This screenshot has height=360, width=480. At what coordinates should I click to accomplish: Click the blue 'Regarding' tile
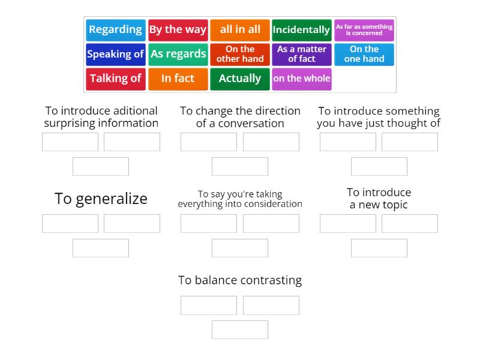pos(115,29)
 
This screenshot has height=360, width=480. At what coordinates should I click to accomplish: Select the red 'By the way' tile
pos(178,29)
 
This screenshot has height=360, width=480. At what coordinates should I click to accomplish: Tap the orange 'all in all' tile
pos(240,29)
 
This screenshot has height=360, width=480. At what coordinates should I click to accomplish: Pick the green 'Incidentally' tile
pos(302,29)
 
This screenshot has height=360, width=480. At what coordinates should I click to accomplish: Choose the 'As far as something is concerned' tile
pos(364,29)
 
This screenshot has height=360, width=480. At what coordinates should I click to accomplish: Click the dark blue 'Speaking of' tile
pos(115,54)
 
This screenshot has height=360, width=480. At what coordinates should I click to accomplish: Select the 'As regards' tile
pos(178,54)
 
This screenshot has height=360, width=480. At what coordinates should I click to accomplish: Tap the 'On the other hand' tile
pos(240,54)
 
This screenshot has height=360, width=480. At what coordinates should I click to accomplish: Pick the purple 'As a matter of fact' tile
pos(302,54)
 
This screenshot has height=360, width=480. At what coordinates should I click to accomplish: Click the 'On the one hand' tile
pos(364,54)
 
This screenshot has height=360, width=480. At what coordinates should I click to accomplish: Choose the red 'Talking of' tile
pos(115,79)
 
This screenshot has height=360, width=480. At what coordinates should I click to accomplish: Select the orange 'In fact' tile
pos(178,79)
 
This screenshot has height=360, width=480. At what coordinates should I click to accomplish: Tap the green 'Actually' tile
pos(240,79)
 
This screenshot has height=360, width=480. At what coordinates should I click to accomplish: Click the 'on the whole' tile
pos(302,79)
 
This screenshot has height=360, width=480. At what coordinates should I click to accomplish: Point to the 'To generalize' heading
pos(101,199)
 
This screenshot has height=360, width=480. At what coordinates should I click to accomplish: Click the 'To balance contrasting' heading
pos(240,280)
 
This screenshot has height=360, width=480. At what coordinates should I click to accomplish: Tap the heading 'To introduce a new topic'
pos(379,199)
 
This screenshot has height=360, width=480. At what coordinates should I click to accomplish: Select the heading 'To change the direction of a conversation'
pos(240,117)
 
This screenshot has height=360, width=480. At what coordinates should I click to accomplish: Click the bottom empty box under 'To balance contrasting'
pos(240,329)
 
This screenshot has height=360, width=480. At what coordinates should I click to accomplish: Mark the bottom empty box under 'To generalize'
pos(101,248)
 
